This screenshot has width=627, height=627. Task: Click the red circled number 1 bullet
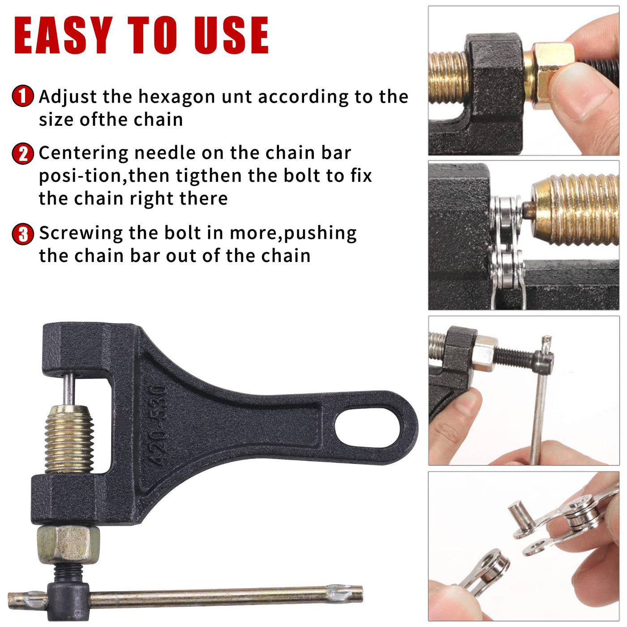(x=22, y=96)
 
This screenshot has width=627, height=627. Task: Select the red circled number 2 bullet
(x=22, y=154)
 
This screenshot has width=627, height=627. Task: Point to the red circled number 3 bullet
(x=22, y=234)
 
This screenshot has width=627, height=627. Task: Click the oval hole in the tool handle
(x=367, y=428)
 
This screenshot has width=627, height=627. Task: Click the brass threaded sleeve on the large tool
(x=69, y=439)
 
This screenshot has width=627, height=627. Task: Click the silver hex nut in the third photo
(x=485, y=353)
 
